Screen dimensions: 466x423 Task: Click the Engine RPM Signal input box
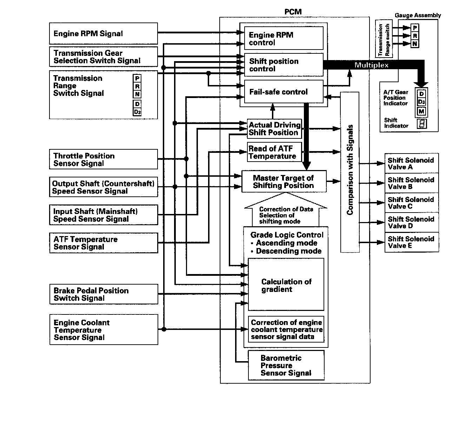pos(104,33)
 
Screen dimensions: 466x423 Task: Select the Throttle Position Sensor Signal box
pos(104,159)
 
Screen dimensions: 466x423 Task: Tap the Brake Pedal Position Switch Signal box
pos(104,294)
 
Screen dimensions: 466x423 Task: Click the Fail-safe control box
pos(284,92)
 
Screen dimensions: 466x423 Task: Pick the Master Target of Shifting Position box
pos(284,182)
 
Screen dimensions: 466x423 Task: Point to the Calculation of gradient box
pos(286,284)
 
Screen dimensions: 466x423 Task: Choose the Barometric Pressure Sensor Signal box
pos(286,365)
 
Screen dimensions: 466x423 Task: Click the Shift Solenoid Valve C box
pos(412,203)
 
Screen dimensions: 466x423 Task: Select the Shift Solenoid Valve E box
pos(412,242)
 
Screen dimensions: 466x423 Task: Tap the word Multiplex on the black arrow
pos(371,65)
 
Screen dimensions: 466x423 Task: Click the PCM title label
pos(293,12)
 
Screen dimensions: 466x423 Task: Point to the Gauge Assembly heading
pos(418,15)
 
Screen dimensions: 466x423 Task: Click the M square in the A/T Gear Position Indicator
pos(421,112)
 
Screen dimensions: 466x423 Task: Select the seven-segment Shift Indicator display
pos(422,124)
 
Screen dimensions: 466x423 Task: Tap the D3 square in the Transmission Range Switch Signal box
pos(137,112)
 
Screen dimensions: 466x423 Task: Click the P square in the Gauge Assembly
pos(415,28)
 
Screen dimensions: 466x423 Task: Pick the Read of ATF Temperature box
pos(274,152)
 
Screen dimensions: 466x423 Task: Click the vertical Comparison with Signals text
pos(350,170)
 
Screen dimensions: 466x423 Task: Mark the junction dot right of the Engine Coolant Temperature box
pos(164,329)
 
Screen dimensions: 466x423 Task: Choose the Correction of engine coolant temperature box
pos(286,329)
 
